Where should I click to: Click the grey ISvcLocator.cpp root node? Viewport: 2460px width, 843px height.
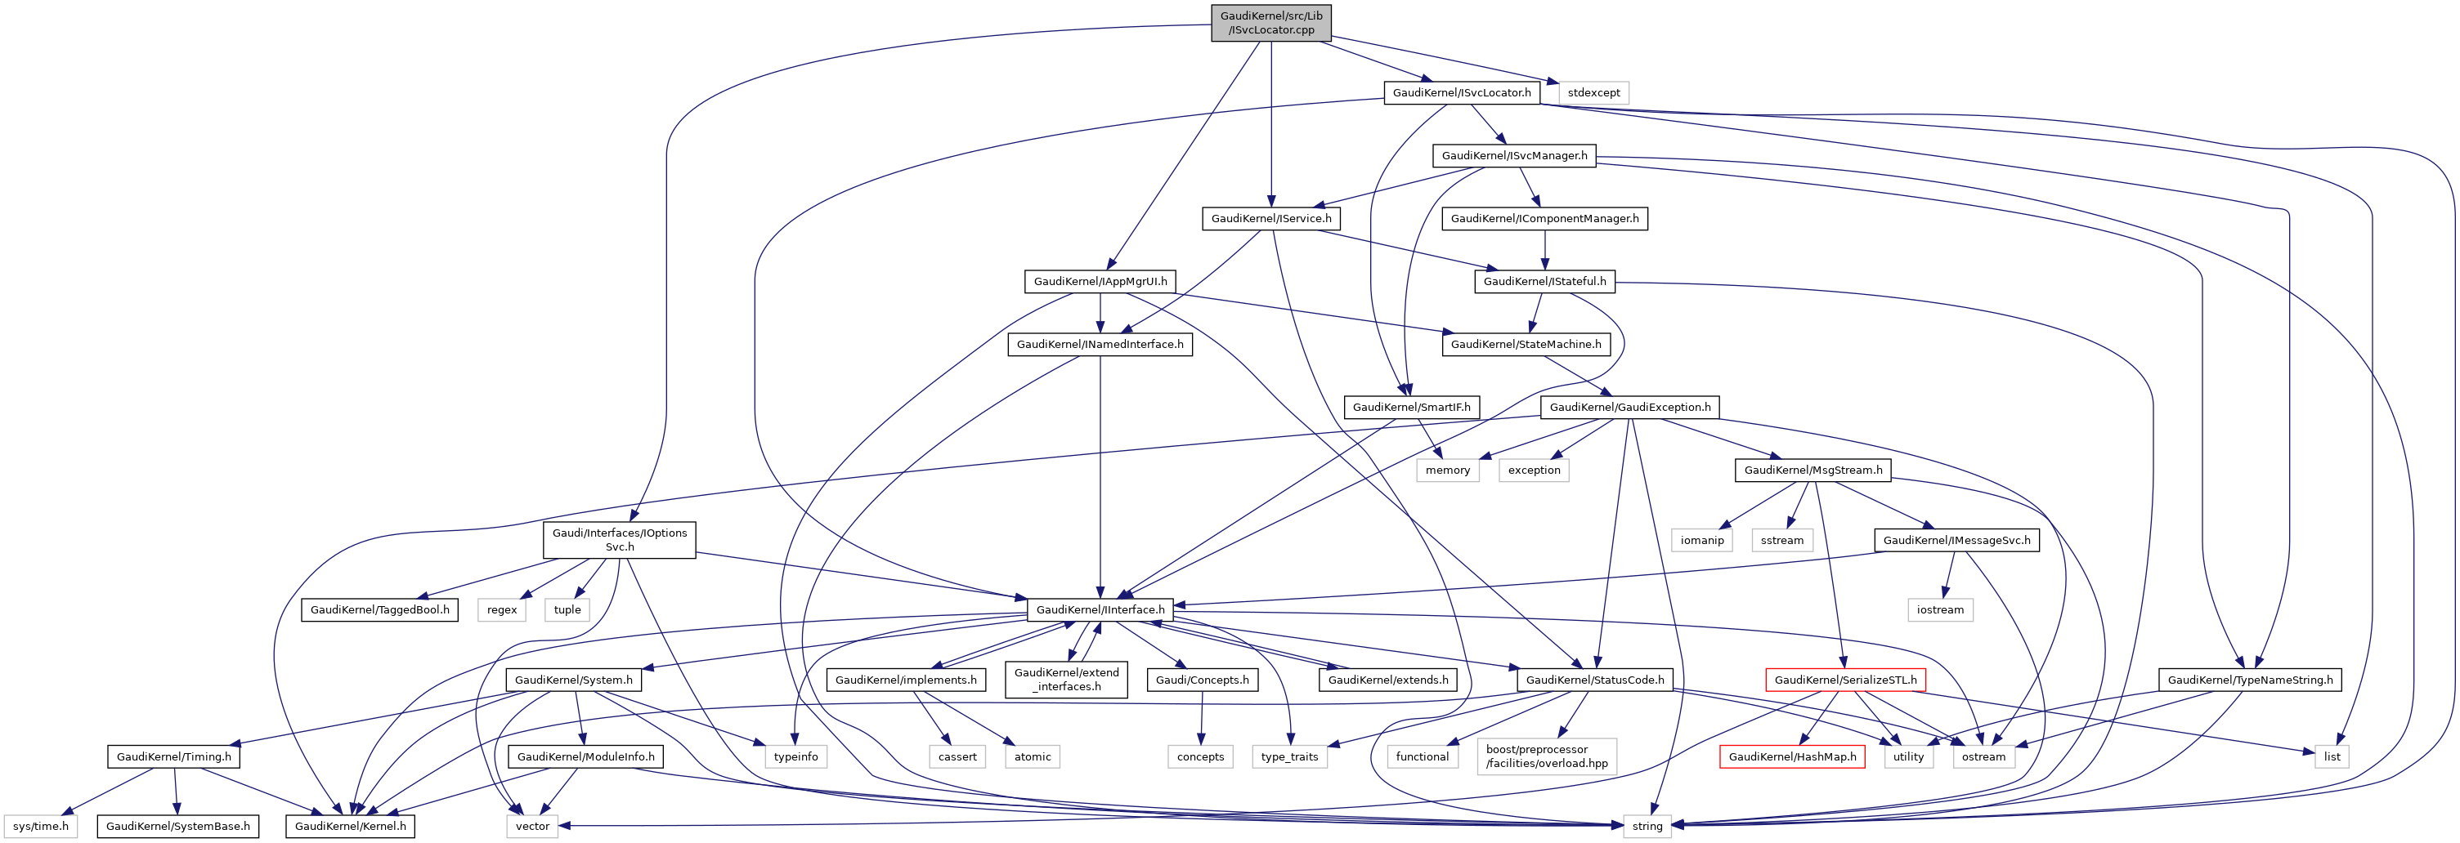point(1271,23)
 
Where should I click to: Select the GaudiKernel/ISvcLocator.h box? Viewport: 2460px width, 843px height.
point(1461,92)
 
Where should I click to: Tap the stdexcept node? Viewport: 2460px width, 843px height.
point(1593,92)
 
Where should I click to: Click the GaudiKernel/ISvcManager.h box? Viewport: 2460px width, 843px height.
point(1513,156)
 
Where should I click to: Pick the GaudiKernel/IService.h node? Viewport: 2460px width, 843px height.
point(1270,219)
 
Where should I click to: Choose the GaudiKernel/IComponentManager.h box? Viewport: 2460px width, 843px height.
point(1544,219)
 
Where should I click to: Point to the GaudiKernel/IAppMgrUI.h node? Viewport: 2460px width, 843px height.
point(1100,282)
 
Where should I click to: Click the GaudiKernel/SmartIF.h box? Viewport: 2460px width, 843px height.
point(1411,407)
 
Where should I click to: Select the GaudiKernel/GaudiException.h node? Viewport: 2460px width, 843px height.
point(1629,407)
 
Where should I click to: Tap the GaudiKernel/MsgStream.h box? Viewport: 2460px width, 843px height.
point(1813,470)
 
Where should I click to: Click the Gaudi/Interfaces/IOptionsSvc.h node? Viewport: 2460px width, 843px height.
point(619,539)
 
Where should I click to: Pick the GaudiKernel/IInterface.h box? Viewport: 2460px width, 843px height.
point(1100,609)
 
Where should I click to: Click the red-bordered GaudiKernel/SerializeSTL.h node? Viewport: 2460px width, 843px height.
point(1845,680)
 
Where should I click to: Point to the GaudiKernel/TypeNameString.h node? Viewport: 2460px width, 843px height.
point(2249,680)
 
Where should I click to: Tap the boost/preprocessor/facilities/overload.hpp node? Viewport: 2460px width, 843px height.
point(1546,756)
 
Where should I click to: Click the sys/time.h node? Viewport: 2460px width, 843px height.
point(41,826)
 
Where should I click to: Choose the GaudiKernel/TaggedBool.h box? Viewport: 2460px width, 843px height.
point(379,609)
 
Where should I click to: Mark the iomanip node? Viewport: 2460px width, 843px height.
point(1702,541)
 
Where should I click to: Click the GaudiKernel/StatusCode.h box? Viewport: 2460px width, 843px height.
point(1594,680)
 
